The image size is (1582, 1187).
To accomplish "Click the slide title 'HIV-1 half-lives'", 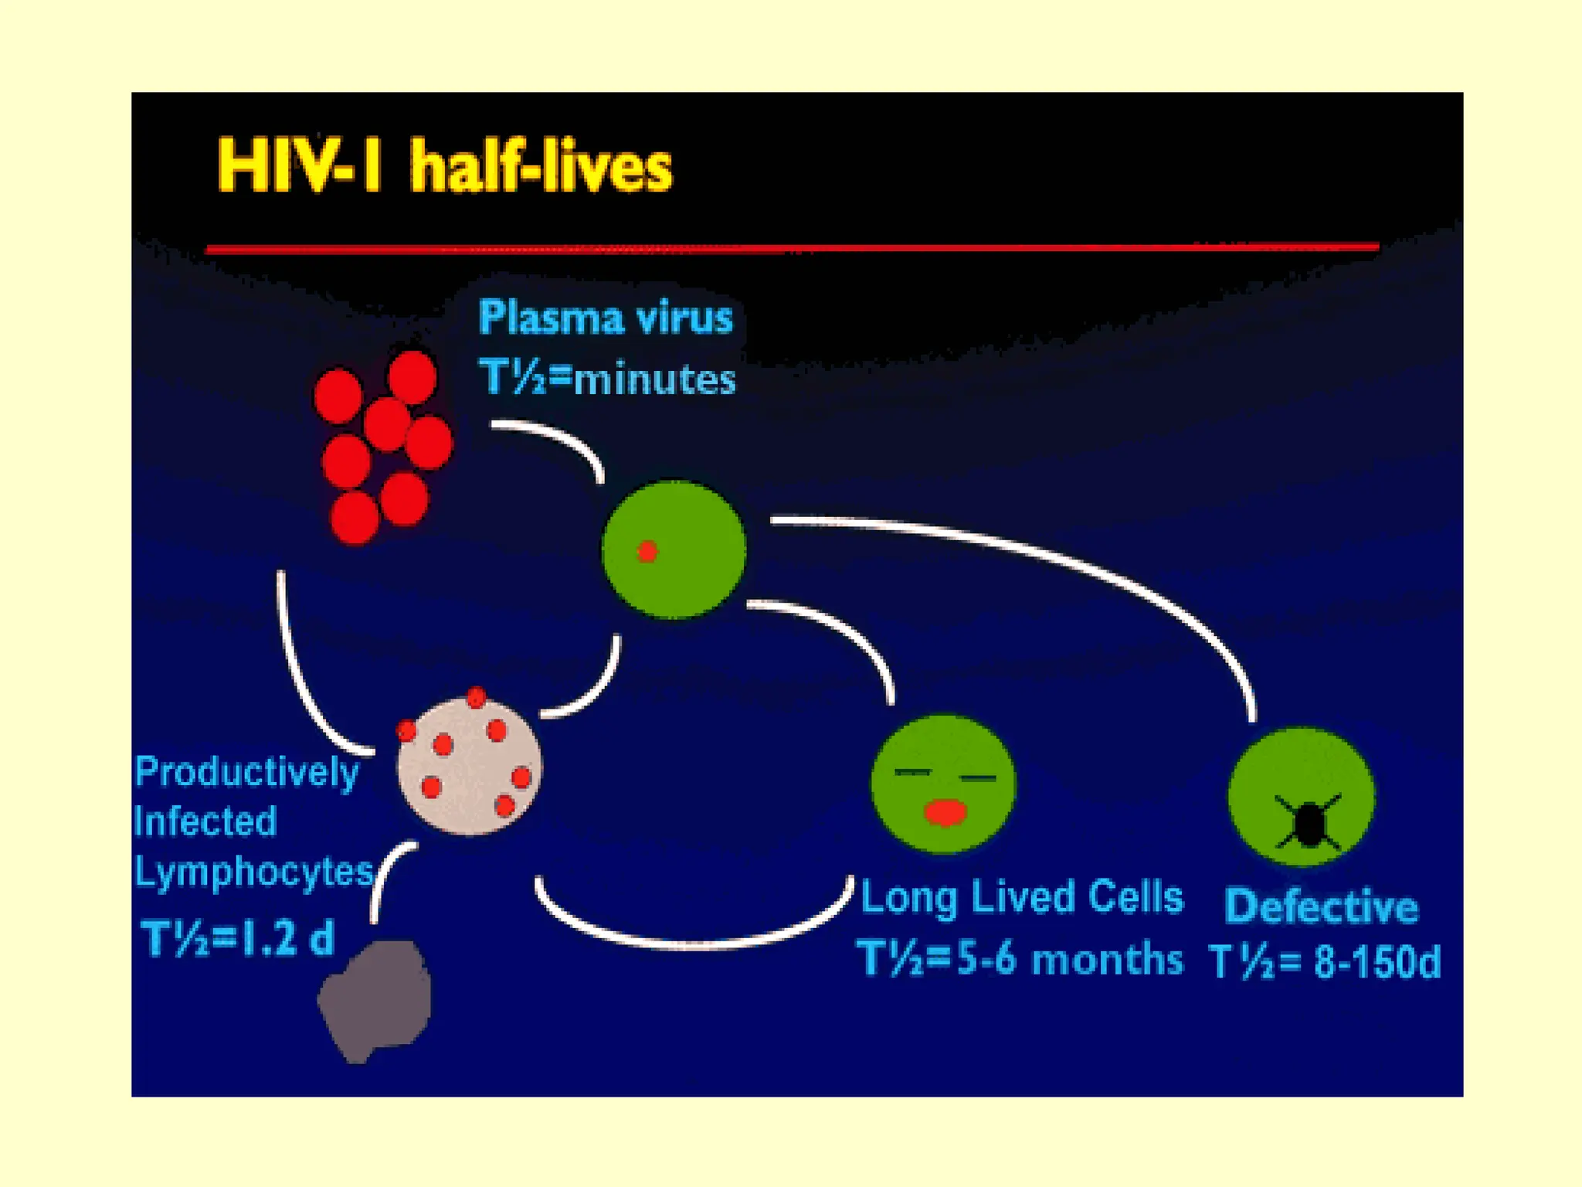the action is tap(445, 166).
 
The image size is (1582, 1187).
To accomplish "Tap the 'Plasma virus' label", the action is tap(606, 318).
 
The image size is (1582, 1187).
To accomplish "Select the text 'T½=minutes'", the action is tap(607, 379).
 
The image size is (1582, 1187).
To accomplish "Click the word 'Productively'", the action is tap(247, 771).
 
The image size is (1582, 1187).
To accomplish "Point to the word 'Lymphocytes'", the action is tap(254, 871).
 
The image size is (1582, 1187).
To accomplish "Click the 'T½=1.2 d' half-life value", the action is tap(238, 938).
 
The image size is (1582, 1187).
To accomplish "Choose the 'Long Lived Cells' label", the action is tap(1022, 897).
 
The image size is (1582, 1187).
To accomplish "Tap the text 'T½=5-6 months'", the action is tap(1020, 959).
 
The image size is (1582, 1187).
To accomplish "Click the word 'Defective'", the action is tap(1322, 906).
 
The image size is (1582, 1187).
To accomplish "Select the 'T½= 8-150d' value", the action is tap(1325, 962).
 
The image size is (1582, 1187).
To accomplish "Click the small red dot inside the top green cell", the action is tap(647, 551).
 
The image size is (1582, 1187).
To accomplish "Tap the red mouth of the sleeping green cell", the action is tap(945, 813).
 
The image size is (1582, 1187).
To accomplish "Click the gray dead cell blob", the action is tap(376, 998).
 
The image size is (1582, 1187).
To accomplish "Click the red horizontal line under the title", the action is tap(792, 248).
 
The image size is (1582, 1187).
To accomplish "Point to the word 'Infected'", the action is tap(205, 821).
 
